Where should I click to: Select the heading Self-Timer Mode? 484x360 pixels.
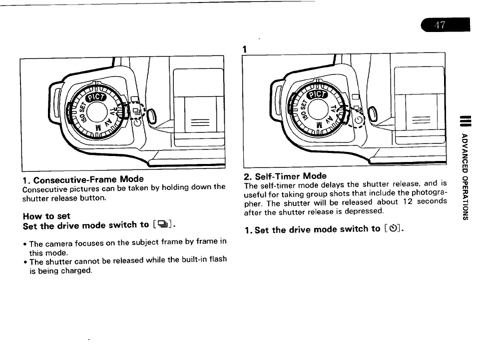click(x=285, y=176)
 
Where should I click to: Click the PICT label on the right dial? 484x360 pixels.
click(x=316, y=94)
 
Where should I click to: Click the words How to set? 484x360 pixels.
click(x=47, y=216)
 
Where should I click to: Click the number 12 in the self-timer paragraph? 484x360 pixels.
click(x=394, y=201)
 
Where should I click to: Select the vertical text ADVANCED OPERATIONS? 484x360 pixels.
click(x=464, y=176)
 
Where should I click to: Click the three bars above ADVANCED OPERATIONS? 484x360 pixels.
click(x=464, y=121)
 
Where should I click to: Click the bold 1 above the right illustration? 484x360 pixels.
click(x=245, y=48)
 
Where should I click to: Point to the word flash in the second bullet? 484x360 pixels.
click(x=217, y=259)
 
